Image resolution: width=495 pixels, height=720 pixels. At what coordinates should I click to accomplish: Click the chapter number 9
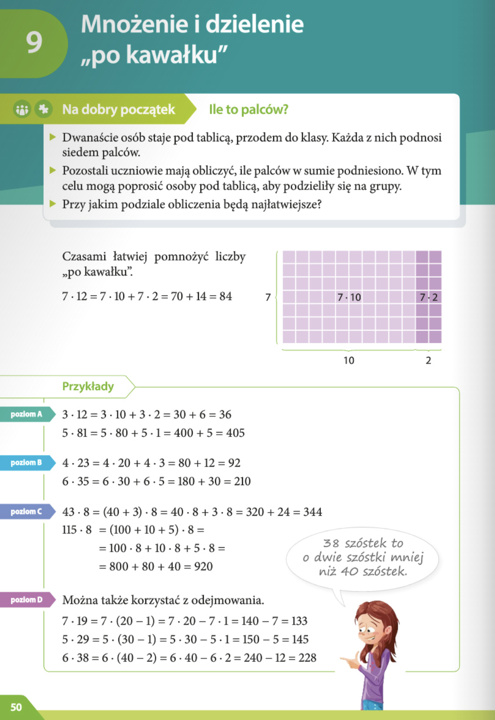coord(34,42)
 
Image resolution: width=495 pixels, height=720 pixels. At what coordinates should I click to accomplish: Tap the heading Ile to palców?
coord(248,109)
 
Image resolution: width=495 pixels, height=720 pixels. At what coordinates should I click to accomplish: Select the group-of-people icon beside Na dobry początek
coord(22,109)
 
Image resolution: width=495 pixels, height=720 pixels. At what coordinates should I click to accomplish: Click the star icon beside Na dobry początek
coord(44,109)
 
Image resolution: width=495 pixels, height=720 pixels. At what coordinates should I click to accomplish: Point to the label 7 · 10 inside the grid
coord(349,297)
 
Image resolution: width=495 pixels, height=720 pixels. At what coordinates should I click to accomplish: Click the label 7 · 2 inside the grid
coord(428,297)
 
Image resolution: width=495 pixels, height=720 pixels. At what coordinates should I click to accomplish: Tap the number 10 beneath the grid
coord(349,360)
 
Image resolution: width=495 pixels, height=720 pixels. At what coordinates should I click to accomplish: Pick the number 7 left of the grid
coord(268,297)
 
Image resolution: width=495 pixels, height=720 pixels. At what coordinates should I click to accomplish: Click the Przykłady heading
coord(88,387)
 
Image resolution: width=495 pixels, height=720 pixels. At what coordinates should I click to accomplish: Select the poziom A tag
coord(27,414)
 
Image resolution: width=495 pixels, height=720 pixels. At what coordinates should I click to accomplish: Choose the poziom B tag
coord(27,463)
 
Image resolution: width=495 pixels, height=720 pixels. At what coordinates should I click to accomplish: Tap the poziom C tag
coord(27,512)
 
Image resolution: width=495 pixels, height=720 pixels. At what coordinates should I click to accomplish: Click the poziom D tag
coord(27,600)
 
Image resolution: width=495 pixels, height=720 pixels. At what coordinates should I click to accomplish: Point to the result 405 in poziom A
coord(235,433)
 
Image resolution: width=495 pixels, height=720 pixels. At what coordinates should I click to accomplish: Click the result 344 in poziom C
coord(312,512)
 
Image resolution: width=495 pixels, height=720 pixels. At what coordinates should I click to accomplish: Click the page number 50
coord(16,707)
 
